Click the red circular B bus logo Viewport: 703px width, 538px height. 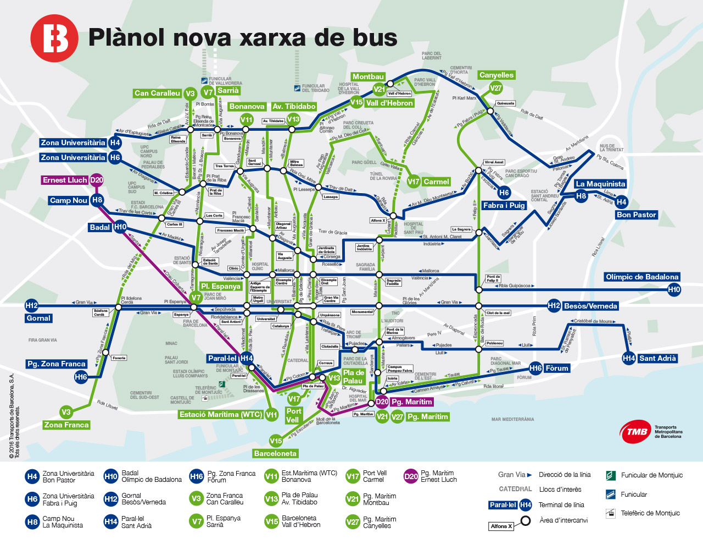(54, 38)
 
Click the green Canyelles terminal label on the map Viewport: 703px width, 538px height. (496, 75)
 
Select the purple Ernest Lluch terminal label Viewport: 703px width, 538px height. (65, 180)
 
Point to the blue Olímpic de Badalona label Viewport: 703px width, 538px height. (641, 277)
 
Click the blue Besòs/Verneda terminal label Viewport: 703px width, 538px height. (590, 306)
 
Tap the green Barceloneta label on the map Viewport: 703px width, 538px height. (275, 453)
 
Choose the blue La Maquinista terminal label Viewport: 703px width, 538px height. (600, 184)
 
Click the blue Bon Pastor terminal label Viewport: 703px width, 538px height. (636, 215)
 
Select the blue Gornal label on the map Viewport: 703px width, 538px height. (38, 318)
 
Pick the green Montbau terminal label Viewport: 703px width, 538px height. (368, 77)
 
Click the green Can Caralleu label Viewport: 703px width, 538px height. (157, 94)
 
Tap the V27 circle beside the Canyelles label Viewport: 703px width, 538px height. (496, 88)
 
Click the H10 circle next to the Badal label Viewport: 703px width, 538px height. (120, 227)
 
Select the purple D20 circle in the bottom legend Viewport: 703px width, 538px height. (411, 476)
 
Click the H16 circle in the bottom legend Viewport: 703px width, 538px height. (197, 476)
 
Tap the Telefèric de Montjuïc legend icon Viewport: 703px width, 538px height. (610, 513)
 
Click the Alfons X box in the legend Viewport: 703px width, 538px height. (501, 526)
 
